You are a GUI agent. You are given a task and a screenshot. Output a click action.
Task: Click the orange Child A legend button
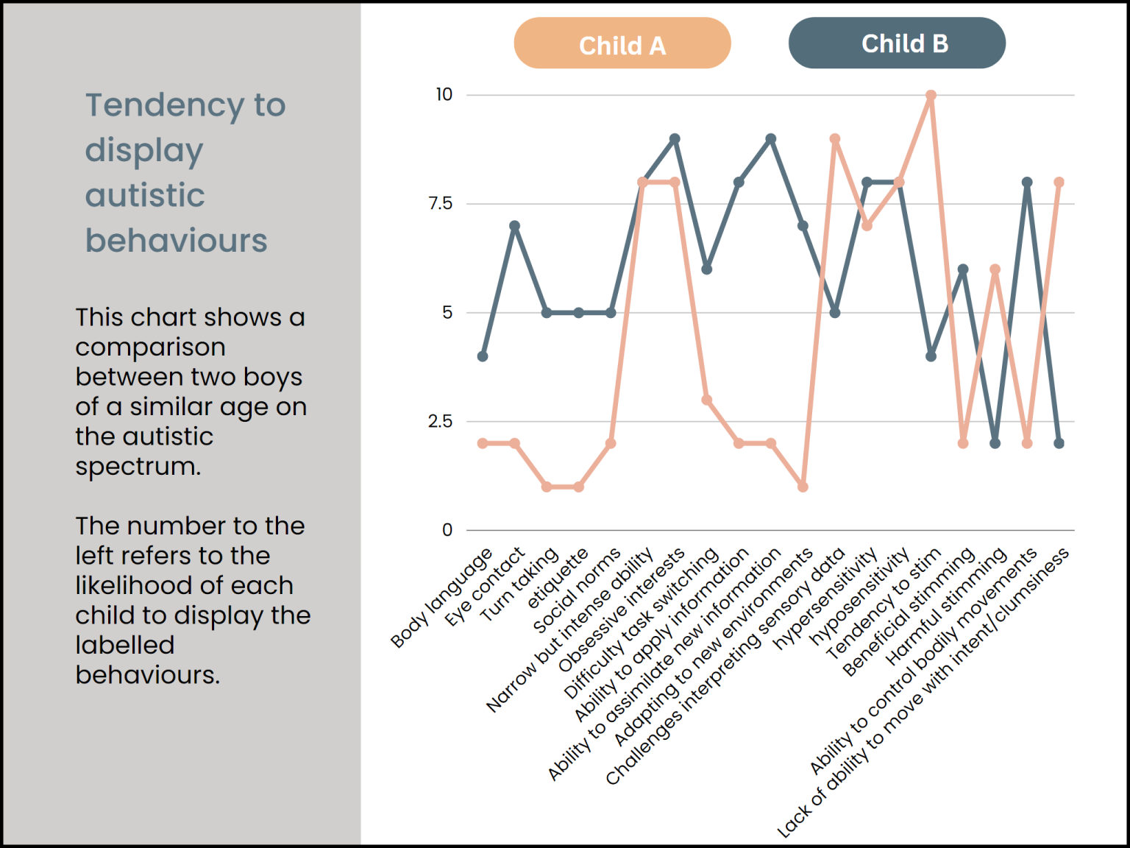pyautogui.click(x=622, y=43)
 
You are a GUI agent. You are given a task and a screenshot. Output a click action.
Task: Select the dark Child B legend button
pyautogui.click(x=896, y=43)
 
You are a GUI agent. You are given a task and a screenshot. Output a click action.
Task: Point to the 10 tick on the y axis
pyautogui.click(x=444, y=95)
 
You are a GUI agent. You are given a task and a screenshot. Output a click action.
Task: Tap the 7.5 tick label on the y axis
pyautogui.click(x=441, y=204)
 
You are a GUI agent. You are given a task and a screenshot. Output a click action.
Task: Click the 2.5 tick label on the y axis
pyautogui.click(x=441, y=422)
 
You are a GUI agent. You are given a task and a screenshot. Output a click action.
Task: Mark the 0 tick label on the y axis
pyautogui.click(x=447, y=530)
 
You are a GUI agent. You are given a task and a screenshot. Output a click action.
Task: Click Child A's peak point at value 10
pyautogui.click(x=931, y=96)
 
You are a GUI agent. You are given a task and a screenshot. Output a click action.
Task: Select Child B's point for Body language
pyautogui.click(x=483, y=356)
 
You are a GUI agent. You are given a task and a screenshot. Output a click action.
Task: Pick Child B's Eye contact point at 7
pyautogui.click(x=515, y=226)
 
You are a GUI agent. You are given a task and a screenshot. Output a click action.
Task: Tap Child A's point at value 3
pyautogui.click(x=706, y=400)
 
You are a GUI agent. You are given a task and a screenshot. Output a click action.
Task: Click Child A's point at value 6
pyautogui.click(x=995, y=269)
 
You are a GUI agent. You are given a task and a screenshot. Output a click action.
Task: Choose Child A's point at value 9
pyautogui.click(x=835, y=139)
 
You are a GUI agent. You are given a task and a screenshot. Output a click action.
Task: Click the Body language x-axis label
pyautogui.click(x=441, y=598)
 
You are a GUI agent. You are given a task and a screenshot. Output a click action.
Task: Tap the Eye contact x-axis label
pyautogui.click(x=485, y=587)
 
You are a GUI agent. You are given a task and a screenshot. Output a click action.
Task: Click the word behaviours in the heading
pyautogui.click(x=176, y=241)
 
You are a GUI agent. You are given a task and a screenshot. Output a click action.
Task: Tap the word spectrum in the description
pyautogui.click(x=138, y=467)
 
